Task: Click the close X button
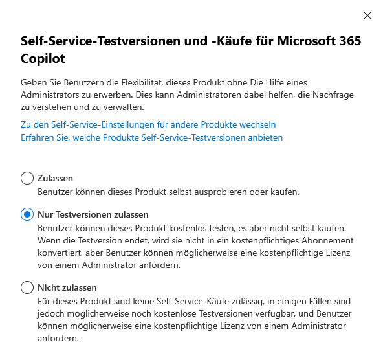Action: pyautogui.click(x=367, y=16)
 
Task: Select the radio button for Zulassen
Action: pyautogui.click(x=27, y=178)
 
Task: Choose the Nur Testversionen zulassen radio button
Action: pyautogui.click(x=27, y=214)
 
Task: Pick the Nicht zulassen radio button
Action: pyautogui.click(x=27, y=287)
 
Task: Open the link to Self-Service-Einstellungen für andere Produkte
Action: pyautogui.click(x=148, y=124)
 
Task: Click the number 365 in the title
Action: pyautogui.click(x=346, y=42)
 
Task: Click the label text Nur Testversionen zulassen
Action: pyautogui.click(x=93, y=214)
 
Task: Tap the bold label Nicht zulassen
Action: pyautogui.click(x=67, y=287)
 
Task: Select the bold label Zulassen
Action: pyautogui.click(x=56, y=178)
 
